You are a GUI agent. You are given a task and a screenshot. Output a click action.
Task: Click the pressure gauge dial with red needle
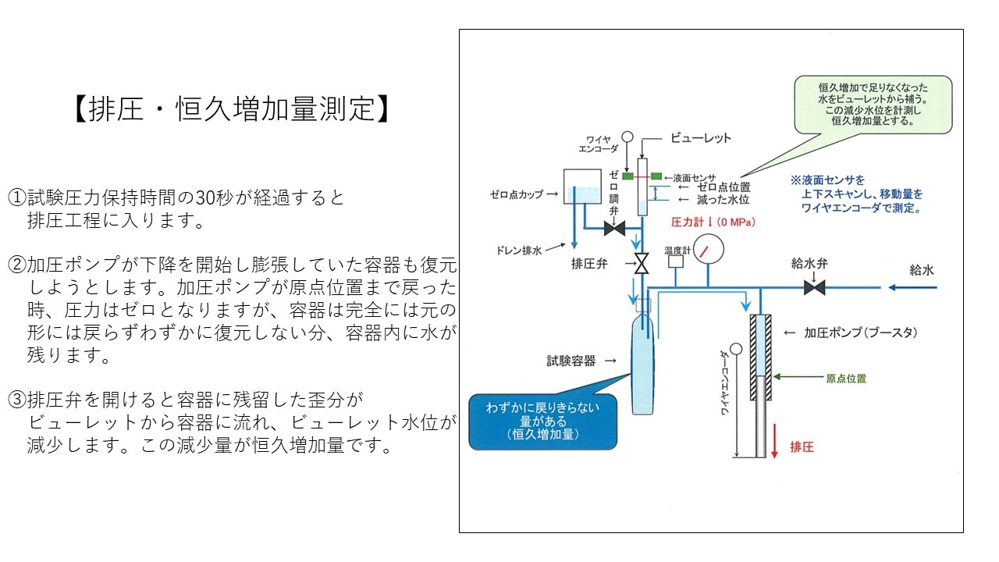point(707,251)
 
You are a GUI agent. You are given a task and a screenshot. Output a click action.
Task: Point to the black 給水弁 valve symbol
point(815,287)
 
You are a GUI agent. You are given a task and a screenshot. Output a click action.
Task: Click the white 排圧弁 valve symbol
point(642,264)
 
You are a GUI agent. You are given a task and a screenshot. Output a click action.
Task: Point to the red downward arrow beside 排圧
point(774,442)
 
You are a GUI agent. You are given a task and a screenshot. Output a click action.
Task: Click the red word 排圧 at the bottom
point(802,448)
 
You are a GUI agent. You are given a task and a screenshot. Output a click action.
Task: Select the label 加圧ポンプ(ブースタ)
point(860,332)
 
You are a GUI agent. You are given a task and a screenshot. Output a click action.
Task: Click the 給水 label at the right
point(921,271)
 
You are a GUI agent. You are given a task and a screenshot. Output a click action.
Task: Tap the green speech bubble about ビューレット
point(873,104)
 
